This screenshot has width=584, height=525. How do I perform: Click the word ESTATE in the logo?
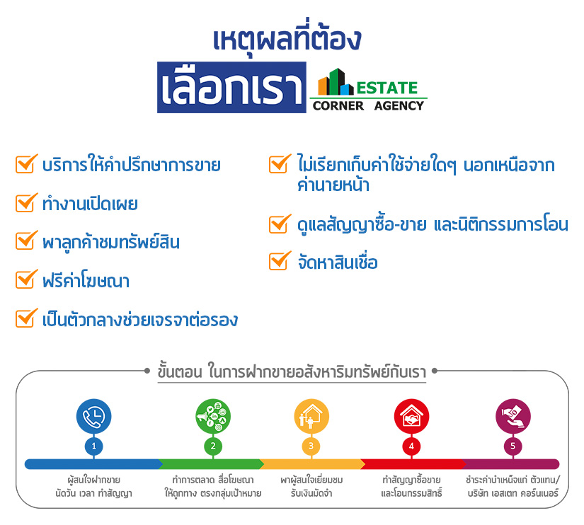(387, 88)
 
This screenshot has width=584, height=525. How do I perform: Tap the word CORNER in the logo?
(338, 105)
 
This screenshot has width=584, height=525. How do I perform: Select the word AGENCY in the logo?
(399, 105)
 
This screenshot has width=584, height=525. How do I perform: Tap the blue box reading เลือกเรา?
(231, 88)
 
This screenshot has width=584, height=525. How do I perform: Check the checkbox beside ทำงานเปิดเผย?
(26, 202)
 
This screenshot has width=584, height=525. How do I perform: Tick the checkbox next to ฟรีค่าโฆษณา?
(26, 279)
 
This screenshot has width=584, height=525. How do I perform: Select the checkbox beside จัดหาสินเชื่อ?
(280, 260)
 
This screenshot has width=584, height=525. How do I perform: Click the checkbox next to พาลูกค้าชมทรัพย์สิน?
(26, 241)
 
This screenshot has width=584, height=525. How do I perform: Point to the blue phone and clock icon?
(94, 416)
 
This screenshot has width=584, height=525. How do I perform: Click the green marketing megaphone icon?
(213, 416)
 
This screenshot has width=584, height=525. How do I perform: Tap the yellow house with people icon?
(311, 416)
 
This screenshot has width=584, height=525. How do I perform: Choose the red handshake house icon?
(411, 416)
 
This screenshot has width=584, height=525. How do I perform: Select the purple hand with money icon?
(513, 416)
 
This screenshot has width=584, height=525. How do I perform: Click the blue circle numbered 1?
(94, 446)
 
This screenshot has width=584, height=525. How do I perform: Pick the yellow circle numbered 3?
(311, 446)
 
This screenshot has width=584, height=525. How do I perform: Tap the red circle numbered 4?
(411, 446)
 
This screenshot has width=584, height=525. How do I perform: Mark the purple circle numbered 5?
(513, 446)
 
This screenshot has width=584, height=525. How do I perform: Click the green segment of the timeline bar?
(211, 464)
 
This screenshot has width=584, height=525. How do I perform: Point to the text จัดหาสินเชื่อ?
(338, 261)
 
